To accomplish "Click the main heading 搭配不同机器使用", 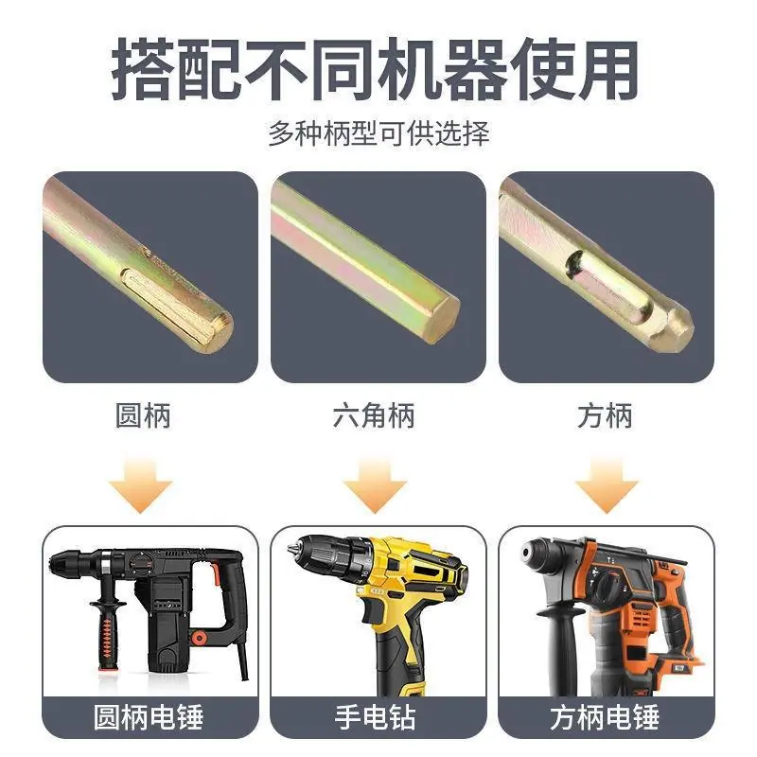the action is [x=375, y=70].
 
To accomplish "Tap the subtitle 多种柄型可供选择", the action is [x=379, y=133].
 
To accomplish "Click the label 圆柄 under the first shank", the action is [x=144, y=415].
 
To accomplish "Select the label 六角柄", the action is [x=374, y=415].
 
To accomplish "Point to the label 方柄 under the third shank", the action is [x=605, y=415].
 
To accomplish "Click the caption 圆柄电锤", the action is [x=149, y=717].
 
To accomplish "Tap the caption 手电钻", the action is [x=375, y=717].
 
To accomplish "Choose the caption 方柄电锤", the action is [x=605, y=717].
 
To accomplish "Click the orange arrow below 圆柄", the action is [x=140, y=486].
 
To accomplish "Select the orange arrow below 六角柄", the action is [x=375, y=486].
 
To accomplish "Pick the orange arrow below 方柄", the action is [x=607, y=486].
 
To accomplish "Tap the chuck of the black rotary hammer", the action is [x=73, y=561].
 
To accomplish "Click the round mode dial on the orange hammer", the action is [x=609, y=585].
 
